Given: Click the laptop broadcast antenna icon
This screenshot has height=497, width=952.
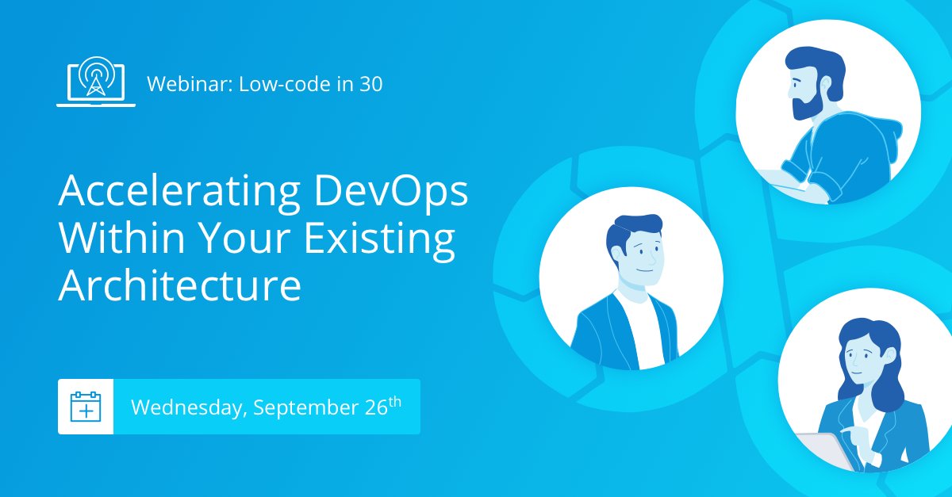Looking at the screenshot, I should (95, 82).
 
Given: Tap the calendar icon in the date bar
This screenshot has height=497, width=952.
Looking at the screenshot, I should (86, 407).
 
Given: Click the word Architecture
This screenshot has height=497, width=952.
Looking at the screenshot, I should (180, 285).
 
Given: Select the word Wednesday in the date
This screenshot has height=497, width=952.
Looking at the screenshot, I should (189, 407).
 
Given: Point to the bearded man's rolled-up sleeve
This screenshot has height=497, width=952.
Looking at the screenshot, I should (825, 184).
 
